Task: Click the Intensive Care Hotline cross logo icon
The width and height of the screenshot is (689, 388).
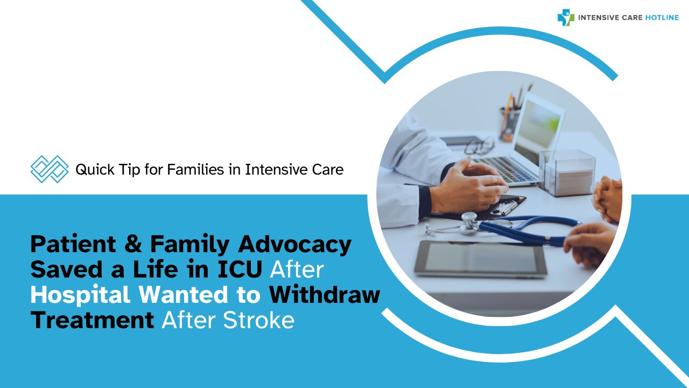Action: (566, 17)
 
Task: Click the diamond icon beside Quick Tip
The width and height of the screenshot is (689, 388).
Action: (50, 169)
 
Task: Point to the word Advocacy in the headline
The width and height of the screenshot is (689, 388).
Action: (294, 245)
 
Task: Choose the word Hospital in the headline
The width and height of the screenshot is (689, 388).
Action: (80, 295)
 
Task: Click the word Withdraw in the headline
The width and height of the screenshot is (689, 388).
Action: (325, 295)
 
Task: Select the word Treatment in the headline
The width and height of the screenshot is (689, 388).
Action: (92, 320)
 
